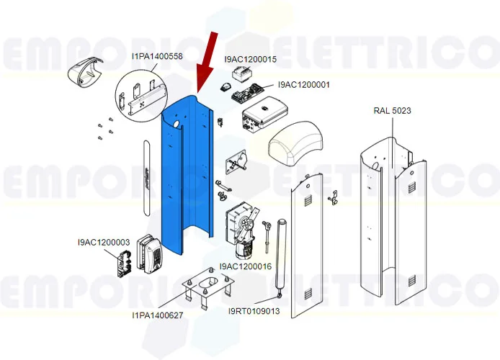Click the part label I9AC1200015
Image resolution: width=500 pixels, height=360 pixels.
(x=250, y=60)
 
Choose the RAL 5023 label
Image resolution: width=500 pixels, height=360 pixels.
(x=392, y=110)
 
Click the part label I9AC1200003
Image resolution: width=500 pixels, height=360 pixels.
(x=104, y=243)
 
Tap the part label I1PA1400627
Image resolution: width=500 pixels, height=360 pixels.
(x=157, y=315)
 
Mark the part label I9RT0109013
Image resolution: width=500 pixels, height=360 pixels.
(x=254, y=311)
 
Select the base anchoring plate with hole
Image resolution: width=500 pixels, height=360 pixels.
(x=204, y=289)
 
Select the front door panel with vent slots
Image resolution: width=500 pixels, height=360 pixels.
(x=302, y=245)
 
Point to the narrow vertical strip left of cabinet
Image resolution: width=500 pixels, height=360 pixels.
(x=147, y=177)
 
